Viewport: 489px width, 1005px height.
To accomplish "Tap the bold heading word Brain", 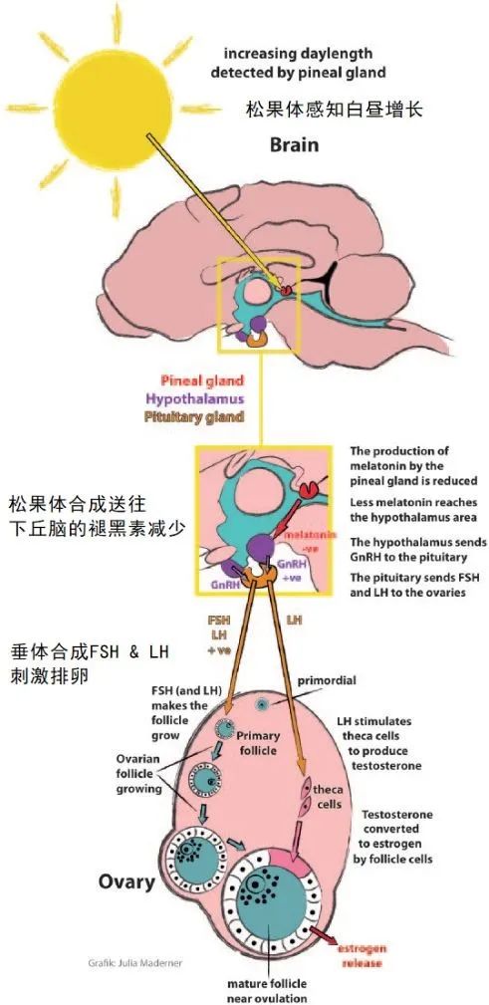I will [295, 145].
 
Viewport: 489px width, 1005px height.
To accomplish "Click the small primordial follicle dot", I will [262, 704].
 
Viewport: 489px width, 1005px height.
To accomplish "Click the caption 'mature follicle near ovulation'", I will [266, 991].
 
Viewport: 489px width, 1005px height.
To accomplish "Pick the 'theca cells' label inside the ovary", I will [330, 797].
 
